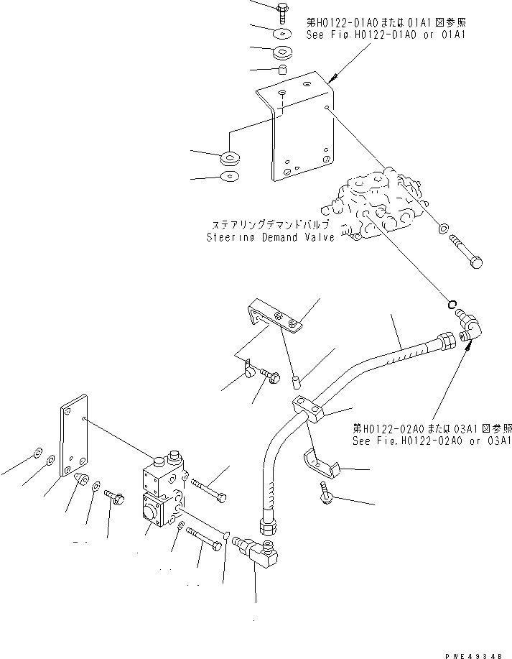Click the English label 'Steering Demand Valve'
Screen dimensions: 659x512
(270, 237)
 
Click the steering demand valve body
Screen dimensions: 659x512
(381, 205)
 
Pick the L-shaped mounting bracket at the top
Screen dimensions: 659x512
(298, 129)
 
